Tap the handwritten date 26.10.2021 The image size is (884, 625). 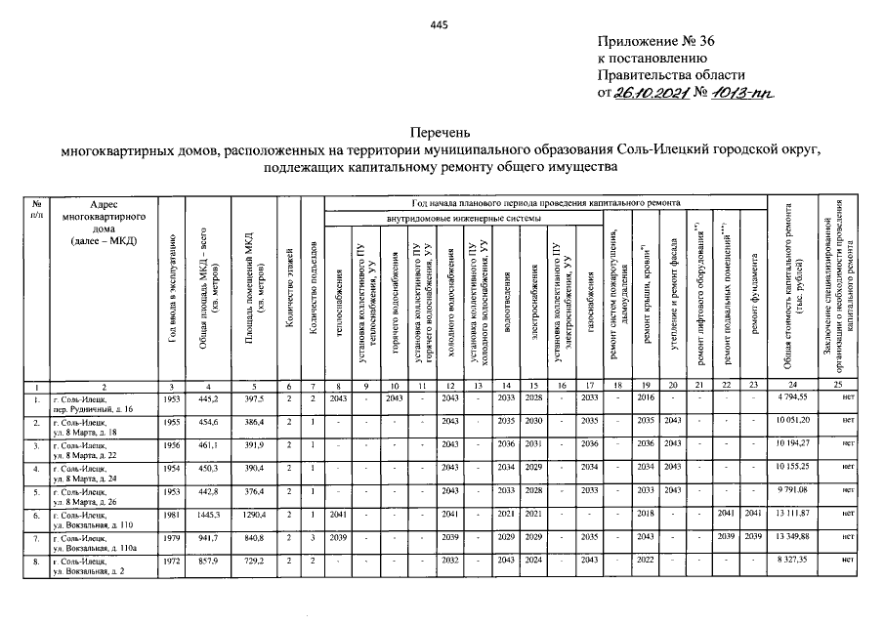(648, 93)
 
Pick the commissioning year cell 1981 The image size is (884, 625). (172, 515)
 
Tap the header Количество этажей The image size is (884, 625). (289, 293)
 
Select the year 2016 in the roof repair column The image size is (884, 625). (646, 398)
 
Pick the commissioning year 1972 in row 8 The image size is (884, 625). (172, 562)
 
